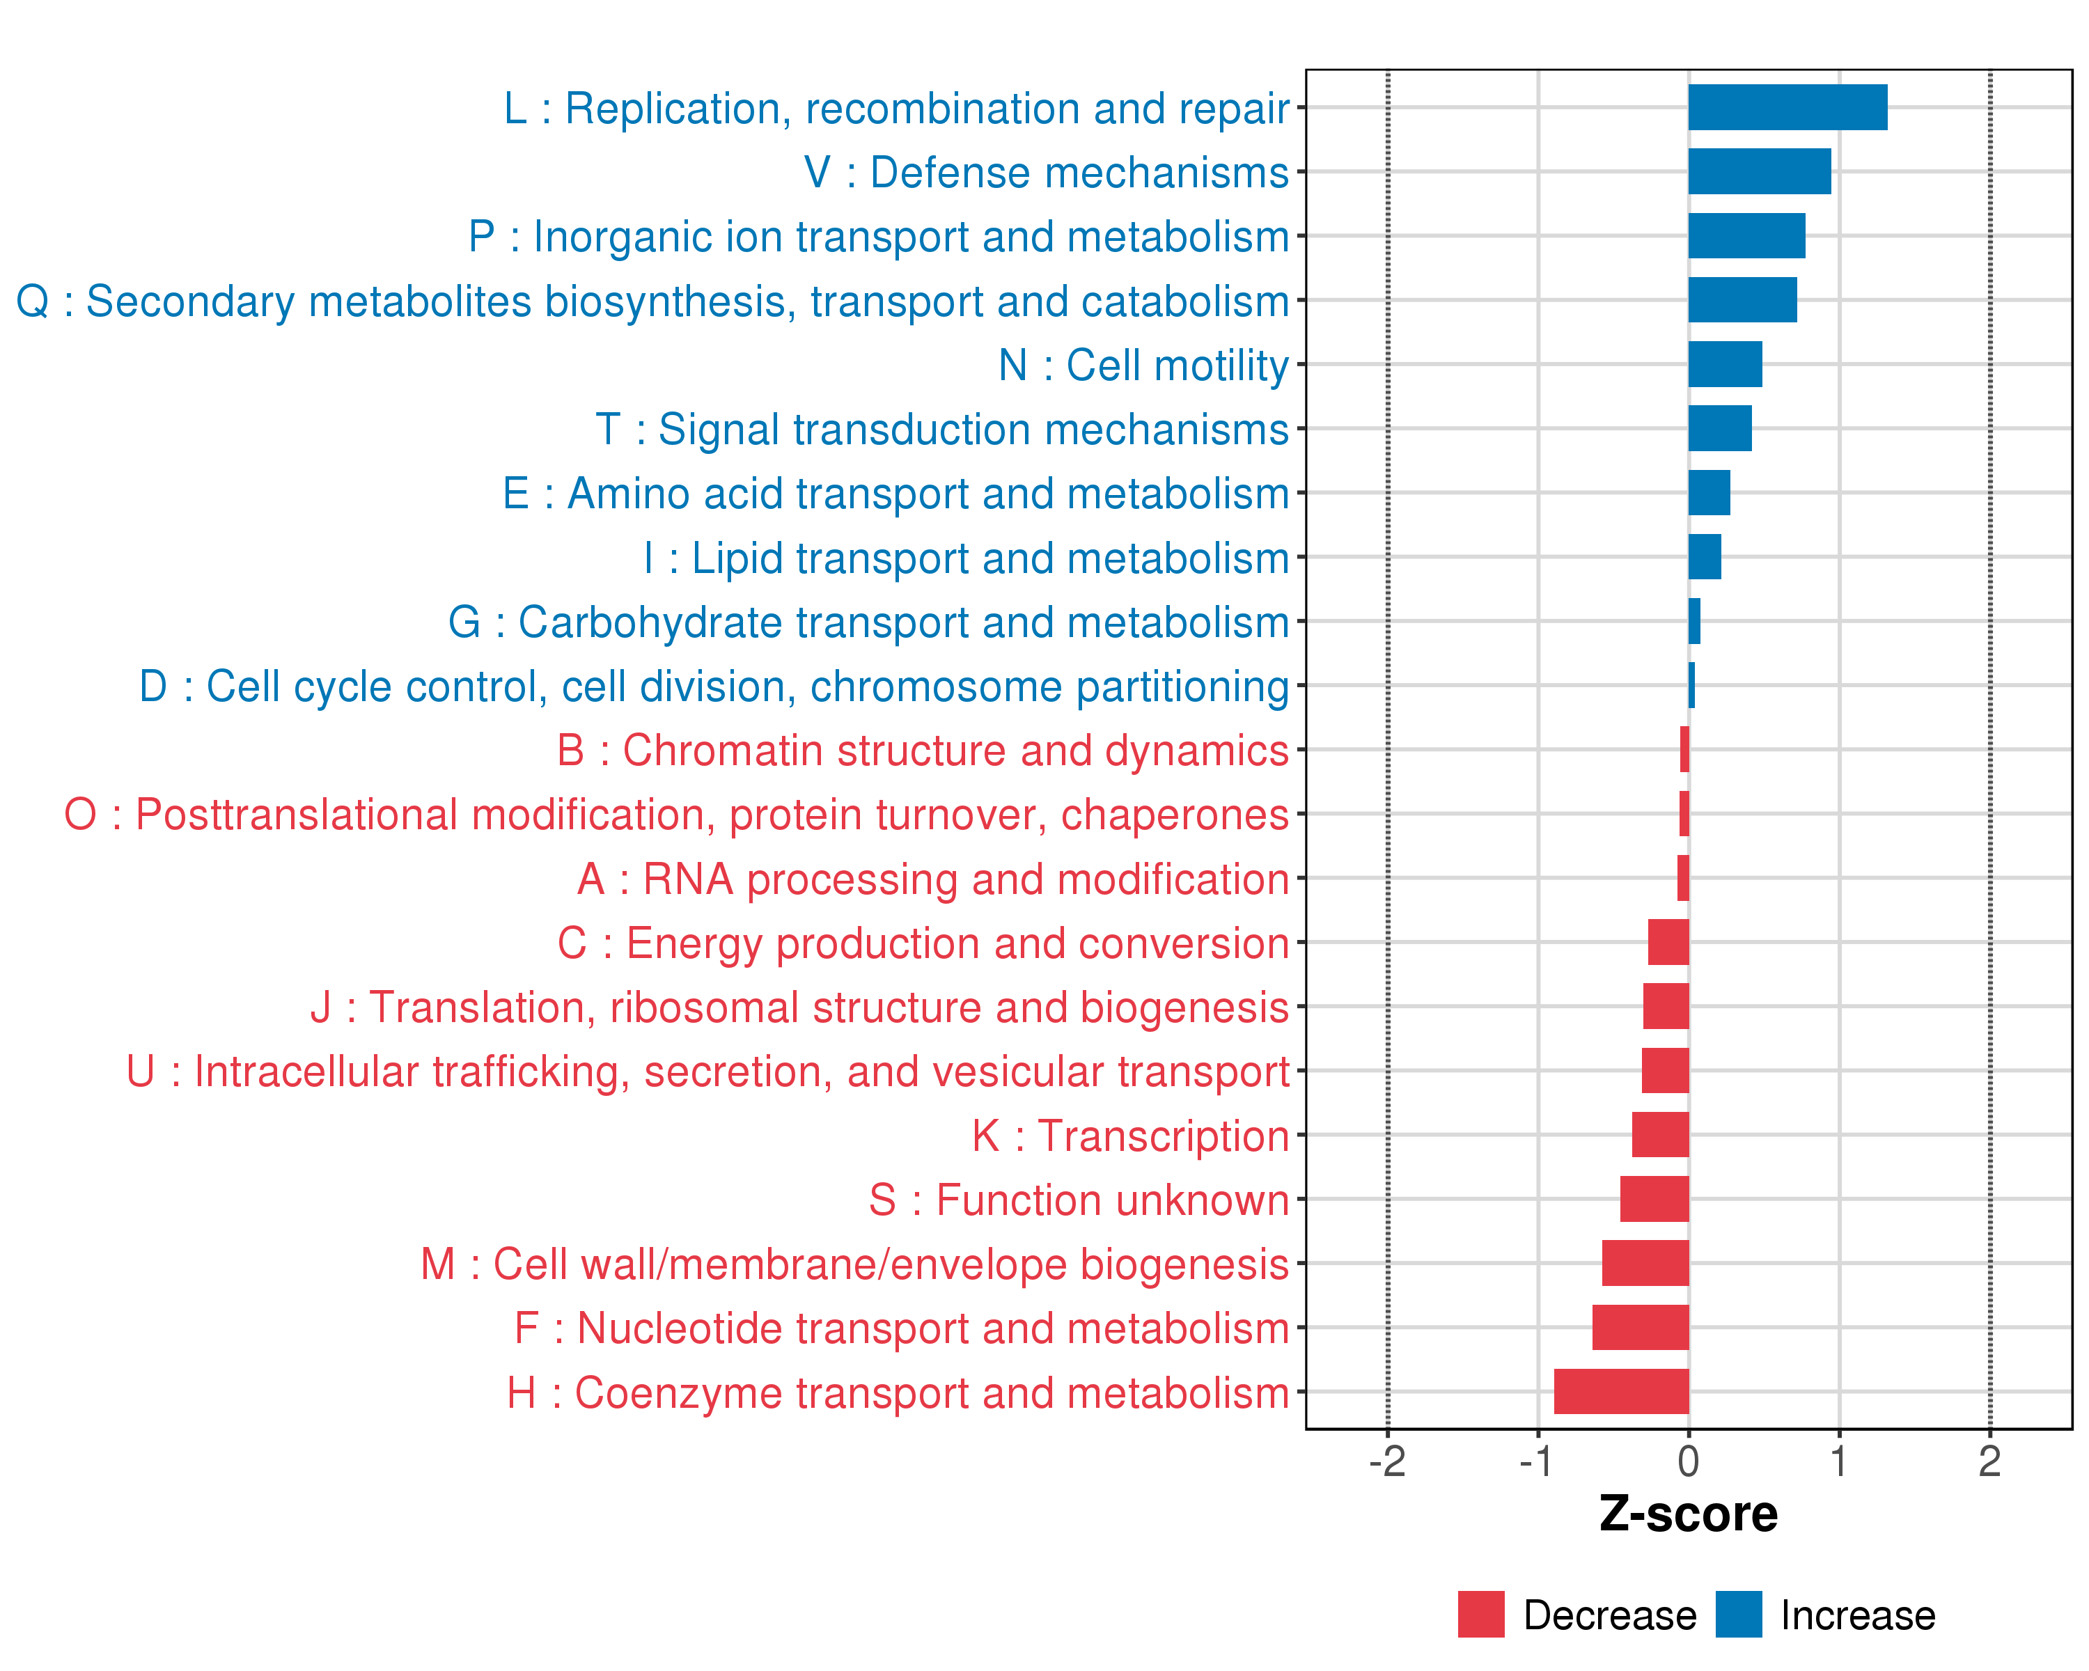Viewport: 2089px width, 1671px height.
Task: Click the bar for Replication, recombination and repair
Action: tap(1787, 107)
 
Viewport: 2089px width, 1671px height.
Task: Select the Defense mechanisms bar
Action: tap(1760, 171)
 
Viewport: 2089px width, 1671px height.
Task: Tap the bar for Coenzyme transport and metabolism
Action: tap(1621, 1391)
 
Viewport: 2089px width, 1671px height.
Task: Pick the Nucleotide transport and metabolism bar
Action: tap(1641, 1327)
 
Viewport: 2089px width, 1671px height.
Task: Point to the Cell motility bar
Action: tap(1725, 364)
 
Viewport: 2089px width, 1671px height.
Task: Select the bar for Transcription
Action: tap(1660, 1134)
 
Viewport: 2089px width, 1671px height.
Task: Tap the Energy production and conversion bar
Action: tap(1668, 941)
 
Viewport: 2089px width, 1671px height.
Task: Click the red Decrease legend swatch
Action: tap(1480, 1615)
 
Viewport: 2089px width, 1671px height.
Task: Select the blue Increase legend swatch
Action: tap(1738, 1615)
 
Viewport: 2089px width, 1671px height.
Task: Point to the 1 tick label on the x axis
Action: tap(1838, 1461)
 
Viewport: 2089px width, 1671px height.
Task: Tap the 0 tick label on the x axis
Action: tap(1688, 1461)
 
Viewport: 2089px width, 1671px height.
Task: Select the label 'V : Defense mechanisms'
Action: tap(1047, 173)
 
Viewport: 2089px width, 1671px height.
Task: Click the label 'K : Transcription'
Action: tap(1129, 1136)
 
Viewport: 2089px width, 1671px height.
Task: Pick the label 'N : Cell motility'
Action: tap(1143, 366)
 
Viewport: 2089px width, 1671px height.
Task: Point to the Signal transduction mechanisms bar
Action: tap(1720, 428)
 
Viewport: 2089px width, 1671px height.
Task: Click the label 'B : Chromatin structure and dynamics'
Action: tap(923, 751)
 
